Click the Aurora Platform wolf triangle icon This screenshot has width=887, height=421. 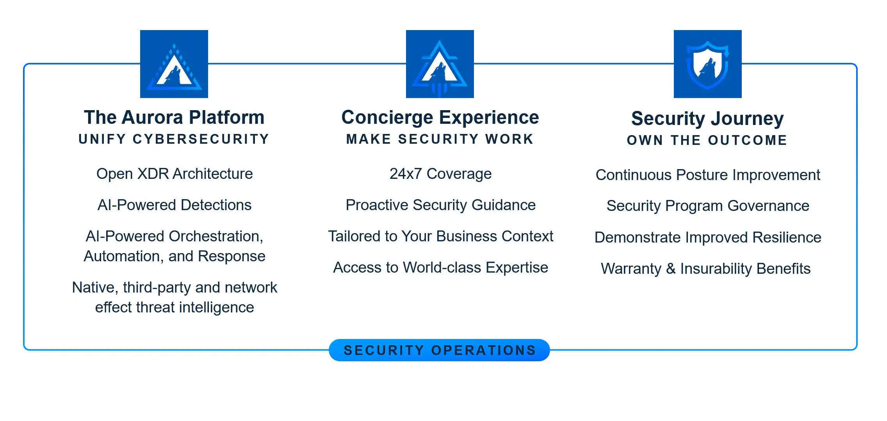(174, 64)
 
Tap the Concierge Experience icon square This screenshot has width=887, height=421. (440, 64)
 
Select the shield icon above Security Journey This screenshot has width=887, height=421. (708, 64)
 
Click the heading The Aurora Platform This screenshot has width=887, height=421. (174, 117)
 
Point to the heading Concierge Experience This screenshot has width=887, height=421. (440, 118)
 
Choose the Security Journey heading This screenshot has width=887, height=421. (707, 119)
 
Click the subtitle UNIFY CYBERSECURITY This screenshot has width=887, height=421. (174, 139)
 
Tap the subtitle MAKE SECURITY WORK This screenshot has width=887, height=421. (440, 139)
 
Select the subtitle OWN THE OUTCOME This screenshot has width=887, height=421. (707, 140)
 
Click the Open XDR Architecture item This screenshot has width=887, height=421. (175, 174)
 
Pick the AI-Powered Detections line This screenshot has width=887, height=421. (175, 205)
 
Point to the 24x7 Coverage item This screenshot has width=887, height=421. (440, 174)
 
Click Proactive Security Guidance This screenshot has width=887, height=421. (440, 205)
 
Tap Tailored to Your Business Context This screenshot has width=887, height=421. (440, 236)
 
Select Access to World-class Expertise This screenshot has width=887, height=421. (440, 268)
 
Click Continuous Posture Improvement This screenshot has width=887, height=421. (708, 175)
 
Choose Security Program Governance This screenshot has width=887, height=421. (708, 206)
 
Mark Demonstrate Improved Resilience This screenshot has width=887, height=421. (708, 237)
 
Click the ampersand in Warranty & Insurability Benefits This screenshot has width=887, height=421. (671, 269)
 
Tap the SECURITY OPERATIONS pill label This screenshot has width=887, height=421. (440, 350)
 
